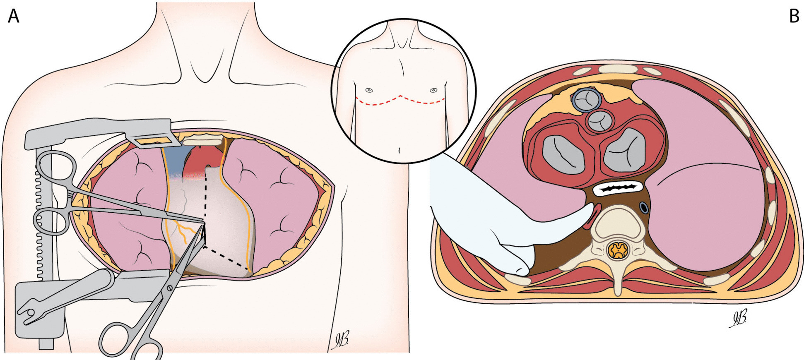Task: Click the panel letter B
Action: click(x=794, y=16)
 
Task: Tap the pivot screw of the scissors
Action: click(x=169, y=287)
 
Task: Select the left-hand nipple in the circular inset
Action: click(x=369, y=90)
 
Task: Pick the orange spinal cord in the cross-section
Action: click(x=618, y=250)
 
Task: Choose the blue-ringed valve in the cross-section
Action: click(x=587, y=100)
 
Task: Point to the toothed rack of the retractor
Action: click(x=40, y=223)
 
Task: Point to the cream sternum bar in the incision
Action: click(x=202, y=142)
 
